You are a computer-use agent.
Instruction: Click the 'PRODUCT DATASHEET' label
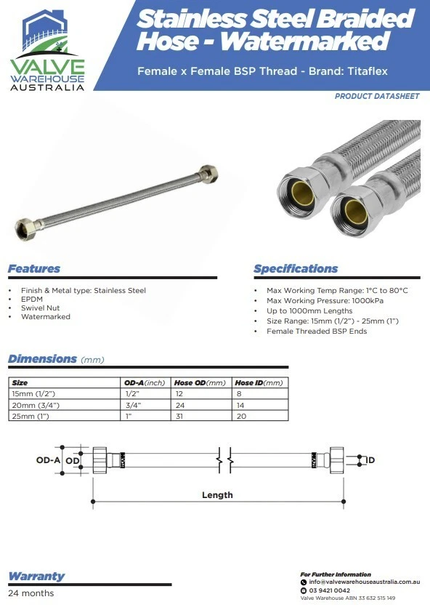pyautogui.click(x=376, y=97)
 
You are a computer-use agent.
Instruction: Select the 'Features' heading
pyautogui.click(x=34, y=269)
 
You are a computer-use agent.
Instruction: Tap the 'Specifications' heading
pyautogui.click(x=296, y=269)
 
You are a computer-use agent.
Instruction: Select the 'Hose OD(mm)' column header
pyautogui.click(x=200, y=382)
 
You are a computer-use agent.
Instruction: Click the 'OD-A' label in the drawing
pyautogui.click(x=48, y=460)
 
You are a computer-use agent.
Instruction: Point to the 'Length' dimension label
pyautogui.click(x=217, y=495)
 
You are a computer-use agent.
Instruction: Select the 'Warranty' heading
pyautogui.click(x=36, y=576)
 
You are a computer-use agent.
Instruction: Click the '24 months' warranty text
pyautogui.click(x=31, y=593)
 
